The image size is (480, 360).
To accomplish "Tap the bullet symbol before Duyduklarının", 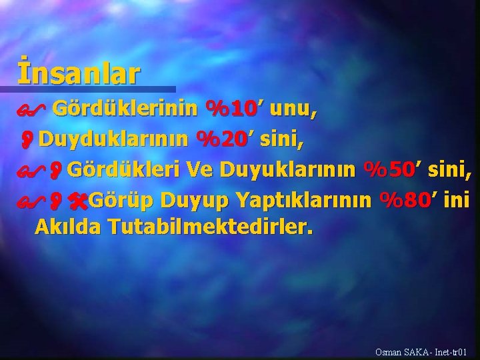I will [x=29, y=140].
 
